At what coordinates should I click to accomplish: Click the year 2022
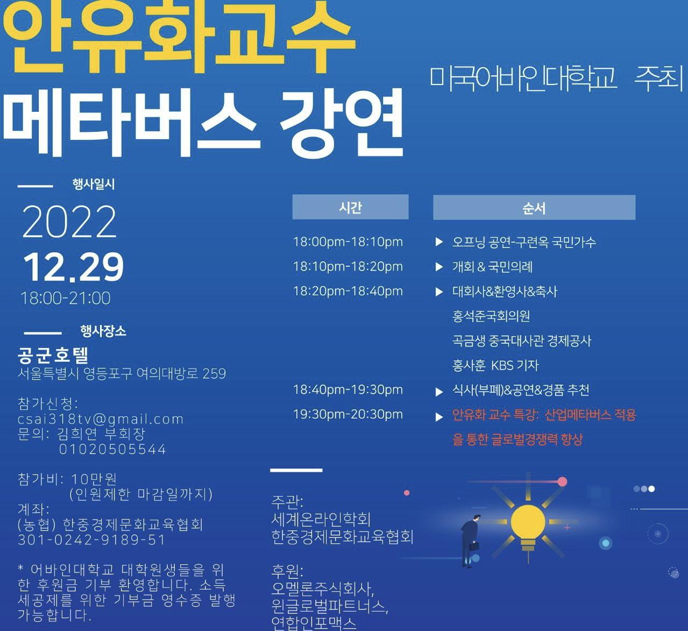pyautogui.click(x=69, y=222)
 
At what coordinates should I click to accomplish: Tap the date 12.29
pyautogui.click(x=73, y=268)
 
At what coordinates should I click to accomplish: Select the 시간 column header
pyautogui.click(x=350, y=207)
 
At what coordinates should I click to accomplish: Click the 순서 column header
pyautogui.click(x=534, y=207)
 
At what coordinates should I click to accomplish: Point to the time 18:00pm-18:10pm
pyautogui.click(x=348, y=242)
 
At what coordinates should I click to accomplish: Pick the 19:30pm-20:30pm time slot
pyautogui.click(x=348, y=415)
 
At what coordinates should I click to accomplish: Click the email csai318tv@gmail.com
pyautogui.click(x=101, y=419)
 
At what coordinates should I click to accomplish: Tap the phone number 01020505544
pyautogui.click(x=112, y=449)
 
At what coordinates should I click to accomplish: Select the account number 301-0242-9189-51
pyautogui.click(x=91, y=540)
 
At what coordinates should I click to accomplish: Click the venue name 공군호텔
pyautogui.click(x=53, y=356)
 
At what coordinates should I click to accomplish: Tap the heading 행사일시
pyautogui.click(x=94, y=185)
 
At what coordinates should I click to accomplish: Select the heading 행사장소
pyautogui.click(x=103, y=331)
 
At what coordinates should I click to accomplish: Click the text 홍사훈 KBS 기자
pyautogui.click(x=495, y=365)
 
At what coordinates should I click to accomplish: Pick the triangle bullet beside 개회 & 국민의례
pyautogui.click(x=438, y=267)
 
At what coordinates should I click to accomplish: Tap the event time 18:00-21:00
pyautogui.click(x=66, y=298)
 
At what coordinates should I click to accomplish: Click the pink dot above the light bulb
pyautogui.click(x=562, y=482)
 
